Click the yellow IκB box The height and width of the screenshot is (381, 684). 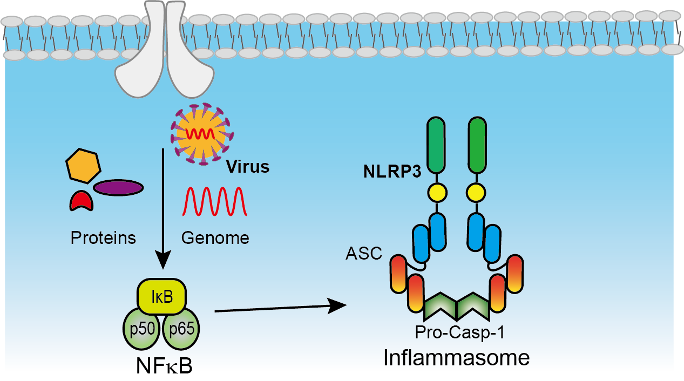click(x=162, y=297)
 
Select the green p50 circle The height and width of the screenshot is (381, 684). click(x=142, y=329)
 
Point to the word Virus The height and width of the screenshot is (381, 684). click(x=247, y=167)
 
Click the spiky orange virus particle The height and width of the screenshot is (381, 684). click(x=200, y=135)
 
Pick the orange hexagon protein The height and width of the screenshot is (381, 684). click(x=84, y=165)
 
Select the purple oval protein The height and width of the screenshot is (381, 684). click(x=118, y=187)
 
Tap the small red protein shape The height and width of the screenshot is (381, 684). click(x=81, y=201)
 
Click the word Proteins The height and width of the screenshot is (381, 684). click(x=103, y=237)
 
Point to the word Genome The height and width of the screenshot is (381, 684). click(x=215, y=237)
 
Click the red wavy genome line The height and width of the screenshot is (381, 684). click(x=215, y=202)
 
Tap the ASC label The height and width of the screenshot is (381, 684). click(x=364, y=253)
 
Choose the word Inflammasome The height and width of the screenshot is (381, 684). click(x=457, y=357)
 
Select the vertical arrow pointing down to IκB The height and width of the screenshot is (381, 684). click(x=162, y=210)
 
